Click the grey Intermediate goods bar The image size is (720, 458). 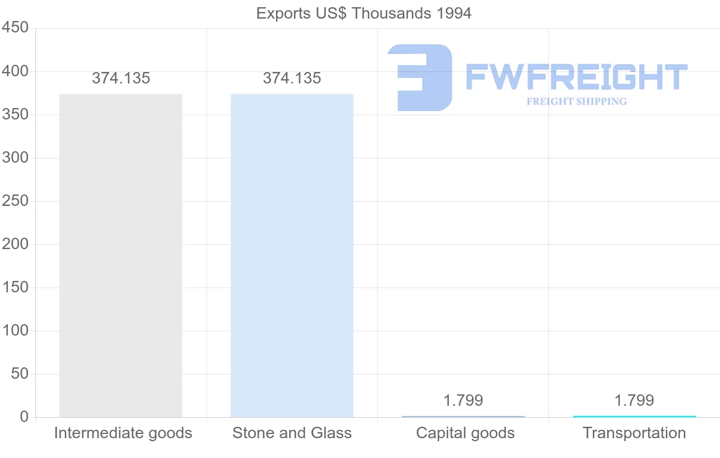point(121,255)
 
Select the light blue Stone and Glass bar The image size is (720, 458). point(292,255)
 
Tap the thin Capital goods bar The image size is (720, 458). point(463,416)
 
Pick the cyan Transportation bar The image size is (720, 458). point(634,416)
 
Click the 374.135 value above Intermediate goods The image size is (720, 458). point(121,78)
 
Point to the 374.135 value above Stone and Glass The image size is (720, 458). point(292,78)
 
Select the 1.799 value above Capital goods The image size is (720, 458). point(463,400)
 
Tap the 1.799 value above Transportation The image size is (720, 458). point(634,400)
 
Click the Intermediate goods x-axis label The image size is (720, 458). point(123,433)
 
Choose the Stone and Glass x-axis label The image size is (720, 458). point(292,433)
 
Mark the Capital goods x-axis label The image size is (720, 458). point(465,433)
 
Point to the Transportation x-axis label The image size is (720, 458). point(634,433)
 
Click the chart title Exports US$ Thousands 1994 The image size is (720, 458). point(364,13)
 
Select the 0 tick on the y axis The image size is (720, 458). point(24,417)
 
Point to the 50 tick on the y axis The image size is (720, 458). point(19,374)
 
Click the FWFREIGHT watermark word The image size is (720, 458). point(576,77)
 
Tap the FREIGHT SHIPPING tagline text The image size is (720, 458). point(576,101)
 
